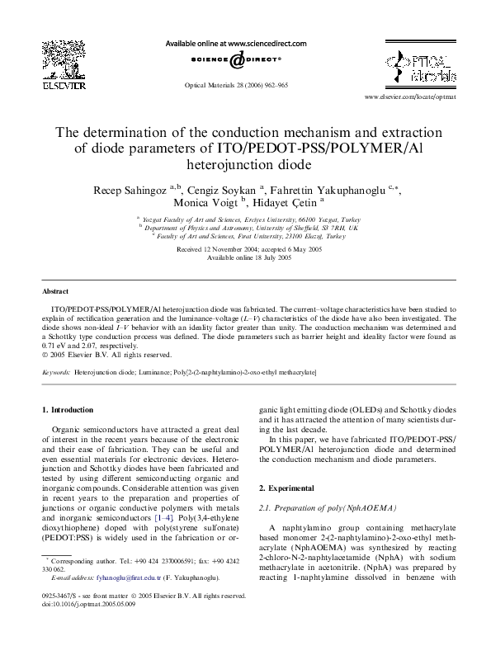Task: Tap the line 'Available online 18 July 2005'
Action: click(246, 257)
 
